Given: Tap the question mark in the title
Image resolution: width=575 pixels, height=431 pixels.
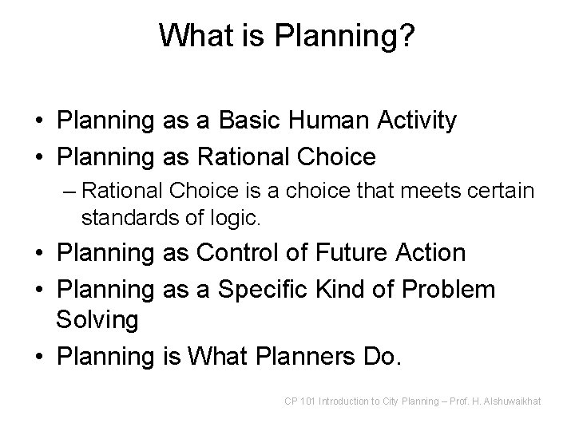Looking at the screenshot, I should (x=407, y=35).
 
